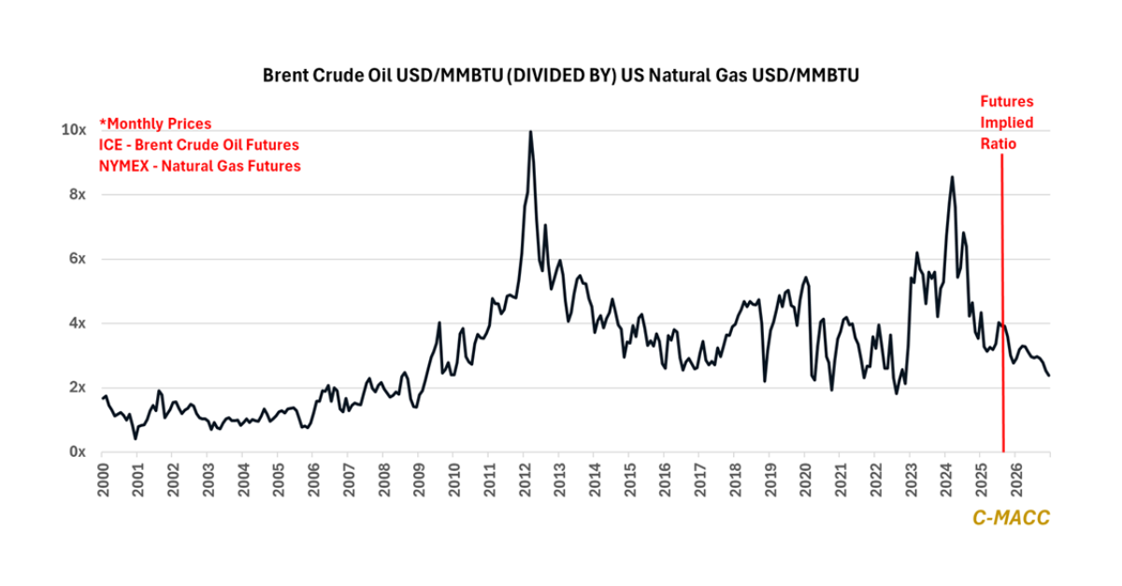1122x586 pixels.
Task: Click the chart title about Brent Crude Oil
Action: [x=560, y=76]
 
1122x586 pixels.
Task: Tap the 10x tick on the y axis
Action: [x=75, y=130]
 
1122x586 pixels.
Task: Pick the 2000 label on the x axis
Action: [x=102, y=479]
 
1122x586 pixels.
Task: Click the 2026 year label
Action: [x=1014, y=479]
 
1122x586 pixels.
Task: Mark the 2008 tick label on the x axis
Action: [x=382, y=479]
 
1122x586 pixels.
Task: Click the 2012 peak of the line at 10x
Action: [x=531, y=132]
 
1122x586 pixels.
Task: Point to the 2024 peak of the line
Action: [x=952, y=177]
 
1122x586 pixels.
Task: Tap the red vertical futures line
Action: [x=1003, y=308]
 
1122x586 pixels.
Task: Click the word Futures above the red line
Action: [x=1006, y=102]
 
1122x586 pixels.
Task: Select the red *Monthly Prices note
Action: [x=155, y=123]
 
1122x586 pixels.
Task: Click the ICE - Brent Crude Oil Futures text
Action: [x=199, y=145]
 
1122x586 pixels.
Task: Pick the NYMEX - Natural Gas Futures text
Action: [x=200, y=165]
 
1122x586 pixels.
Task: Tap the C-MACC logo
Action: [x=1011, y=518]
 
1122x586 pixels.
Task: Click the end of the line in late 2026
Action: [x=1049, y=376]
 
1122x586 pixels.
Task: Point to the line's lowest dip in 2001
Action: [x=136, y=438]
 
